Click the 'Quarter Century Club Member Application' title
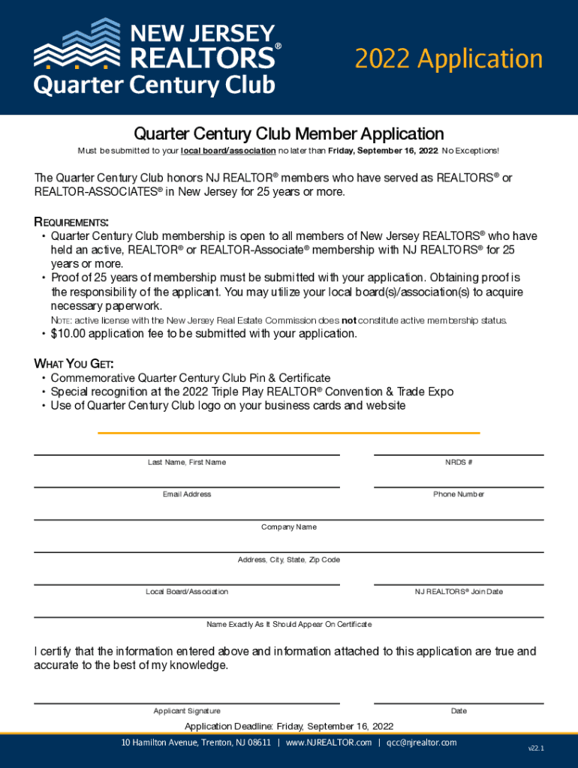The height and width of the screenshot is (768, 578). tap(289, 134)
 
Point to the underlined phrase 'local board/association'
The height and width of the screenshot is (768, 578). tap(228, 151)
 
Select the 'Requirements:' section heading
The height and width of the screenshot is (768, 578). tap(72, 223)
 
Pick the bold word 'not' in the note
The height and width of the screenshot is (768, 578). tap(349, 321)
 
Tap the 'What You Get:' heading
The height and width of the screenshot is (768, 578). tap(74, 364)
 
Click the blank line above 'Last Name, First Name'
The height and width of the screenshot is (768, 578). tap(186, 454)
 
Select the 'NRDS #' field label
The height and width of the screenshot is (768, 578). tap(459, 463)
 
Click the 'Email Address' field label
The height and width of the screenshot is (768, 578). tap(187, 495)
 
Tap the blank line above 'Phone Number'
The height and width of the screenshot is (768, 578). tap(459, 487)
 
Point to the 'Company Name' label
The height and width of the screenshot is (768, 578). tap(289, 527)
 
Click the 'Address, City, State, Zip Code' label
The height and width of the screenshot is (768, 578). tap(289, 560)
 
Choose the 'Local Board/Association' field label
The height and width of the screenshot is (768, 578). tap(187, 592)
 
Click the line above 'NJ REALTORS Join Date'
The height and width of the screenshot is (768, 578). tap(459, 584)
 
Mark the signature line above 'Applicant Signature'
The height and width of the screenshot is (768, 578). tap(186, 703)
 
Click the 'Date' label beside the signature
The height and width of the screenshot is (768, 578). tap(459, 711)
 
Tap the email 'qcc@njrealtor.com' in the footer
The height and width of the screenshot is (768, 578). tap(421, 742)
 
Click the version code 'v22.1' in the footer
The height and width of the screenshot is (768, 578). tap(536, 748)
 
